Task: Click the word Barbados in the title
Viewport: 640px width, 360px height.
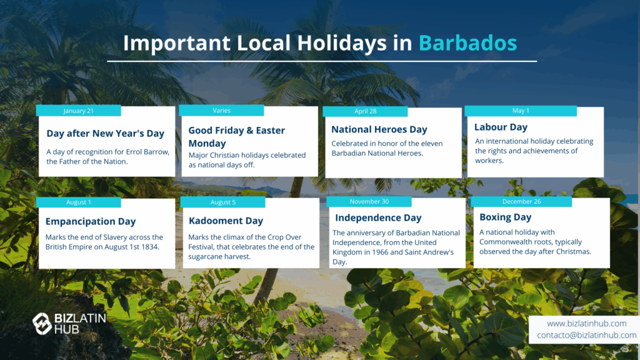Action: [x=467, y=43]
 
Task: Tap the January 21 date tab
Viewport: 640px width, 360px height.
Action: [x=78, y=111]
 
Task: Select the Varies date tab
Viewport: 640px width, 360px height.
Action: [x=221, y=111]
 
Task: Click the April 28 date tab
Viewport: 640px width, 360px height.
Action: [x=365, y=111]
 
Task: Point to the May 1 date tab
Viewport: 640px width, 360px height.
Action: [x=521, y=111]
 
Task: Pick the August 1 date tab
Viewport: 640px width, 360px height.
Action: [x=78, y=202]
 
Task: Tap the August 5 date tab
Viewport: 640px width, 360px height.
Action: [x=223, y=202]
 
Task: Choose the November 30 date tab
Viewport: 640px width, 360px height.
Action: [x=369, y=202]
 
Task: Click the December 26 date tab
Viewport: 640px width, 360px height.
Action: [x=521, y=202]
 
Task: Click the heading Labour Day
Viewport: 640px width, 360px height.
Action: [x=501, y=127]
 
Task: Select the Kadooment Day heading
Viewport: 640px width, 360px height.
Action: [x=226, y=221]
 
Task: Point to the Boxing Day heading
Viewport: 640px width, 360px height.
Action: [x=505, y=217]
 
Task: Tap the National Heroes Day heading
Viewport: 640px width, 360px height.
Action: [x=379, y=129]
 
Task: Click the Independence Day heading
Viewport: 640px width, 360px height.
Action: [x=378, y=218]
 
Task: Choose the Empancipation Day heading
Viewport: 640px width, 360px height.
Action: [x=91, y=221]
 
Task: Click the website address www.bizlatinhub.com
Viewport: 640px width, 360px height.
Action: [x=586, y=323]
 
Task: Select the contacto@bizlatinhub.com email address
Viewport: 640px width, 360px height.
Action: [x=586, y=335]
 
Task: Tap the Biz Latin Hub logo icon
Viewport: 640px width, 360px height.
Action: [x=42, y=323]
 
